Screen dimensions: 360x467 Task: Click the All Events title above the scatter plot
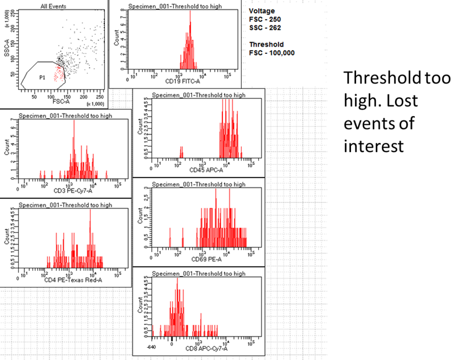coord(53,6)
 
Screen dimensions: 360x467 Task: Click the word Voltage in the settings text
coord(262,10)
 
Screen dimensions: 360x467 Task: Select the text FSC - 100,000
coord(272,53)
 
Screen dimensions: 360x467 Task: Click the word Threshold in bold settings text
coord(266,45)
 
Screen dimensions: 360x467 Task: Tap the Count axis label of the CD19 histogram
coord(116,38)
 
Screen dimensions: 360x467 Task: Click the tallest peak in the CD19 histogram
coord(190,12)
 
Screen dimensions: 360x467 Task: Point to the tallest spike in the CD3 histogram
coord(74,121)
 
